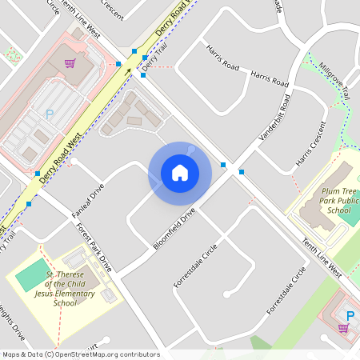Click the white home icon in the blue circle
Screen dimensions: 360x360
point(179,173)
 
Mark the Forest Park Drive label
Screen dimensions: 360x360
point(94,248)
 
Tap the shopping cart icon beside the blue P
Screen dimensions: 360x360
point(343,328)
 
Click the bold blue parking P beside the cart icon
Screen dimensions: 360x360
point(349,315)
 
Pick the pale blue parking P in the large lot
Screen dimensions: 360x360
point(49,115)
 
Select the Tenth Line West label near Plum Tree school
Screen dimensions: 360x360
point(322,258)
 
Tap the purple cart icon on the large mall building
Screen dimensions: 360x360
point(70,62)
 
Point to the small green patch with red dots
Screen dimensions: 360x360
point(11,54)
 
